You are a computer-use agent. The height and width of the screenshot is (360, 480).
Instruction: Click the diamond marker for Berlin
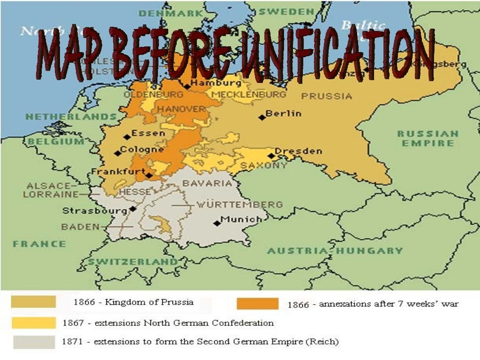[262, 117]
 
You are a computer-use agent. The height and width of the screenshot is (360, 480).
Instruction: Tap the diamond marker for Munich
[217, 223]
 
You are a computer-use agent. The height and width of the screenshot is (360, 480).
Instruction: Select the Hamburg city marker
[187, 86]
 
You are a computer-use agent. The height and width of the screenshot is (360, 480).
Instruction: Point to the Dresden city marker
[271, 156]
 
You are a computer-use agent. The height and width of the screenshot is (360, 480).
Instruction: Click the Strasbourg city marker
[133, 209]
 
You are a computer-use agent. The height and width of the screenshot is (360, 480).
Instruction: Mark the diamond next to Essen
[127, 137]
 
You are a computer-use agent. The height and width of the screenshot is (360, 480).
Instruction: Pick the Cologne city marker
[117, 153]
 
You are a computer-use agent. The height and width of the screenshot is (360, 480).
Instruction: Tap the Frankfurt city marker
[149, 176]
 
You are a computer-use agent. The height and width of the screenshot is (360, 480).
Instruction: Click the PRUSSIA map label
[326, 96]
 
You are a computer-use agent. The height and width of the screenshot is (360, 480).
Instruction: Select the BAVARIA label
[207, 183]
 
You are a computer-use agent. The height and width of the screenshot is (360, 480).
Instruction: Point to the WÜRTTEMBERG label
[239, 204]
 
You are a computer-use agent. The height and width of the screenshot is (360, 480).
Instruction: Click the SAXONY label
[263, 166]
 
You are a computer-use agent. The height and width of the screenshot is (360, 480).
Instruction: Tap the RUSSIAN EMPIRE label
[427, 138]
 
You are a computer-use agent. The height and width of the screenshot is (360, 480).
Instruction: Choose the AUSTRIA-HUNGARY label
[335, 251]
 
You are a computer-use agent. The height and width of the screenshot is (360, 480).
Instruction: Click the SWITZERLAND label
[133, 262]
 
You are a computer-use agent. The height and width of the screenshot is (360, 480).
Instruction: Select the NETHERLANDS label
[71, 116]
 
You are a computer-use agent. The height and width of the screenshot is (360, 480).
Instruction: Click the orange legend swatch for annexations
[257, 304]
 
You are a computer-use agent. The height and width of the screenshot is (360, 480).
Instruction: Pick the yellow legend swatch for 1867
[34, 322]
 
